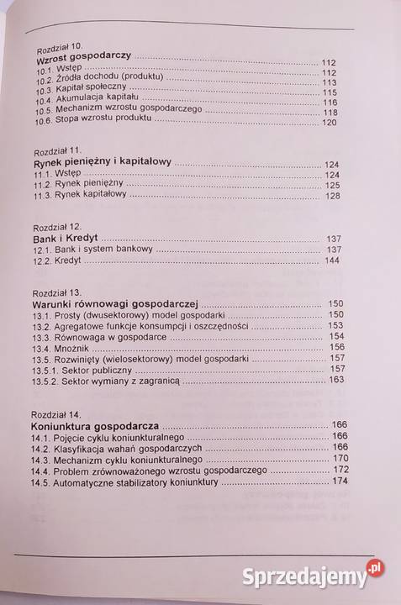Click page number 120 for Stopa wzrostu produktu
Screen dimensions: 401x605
click(327, 123)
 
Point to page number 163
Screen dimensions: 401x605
click(335, 380)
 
